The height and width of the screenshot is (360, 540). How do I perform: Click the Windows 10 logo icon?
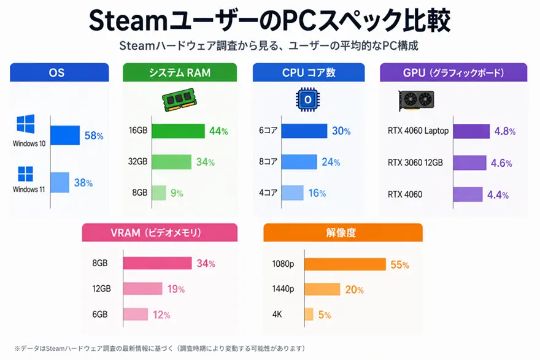coord(26,126)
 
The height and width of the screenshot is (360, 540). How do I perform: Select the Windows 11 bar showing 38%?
coord(60,182)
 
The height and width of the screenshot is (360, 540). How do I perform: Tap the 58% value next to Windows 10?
coord(94,136)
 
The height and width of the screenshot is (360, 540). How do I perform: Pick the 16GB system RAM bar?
coord(178,131)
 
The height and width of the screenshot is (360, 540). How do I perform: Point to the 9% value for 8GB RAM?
coord(177,193)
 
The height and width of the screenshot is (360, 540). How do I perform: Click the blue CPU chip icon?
coord(308,99)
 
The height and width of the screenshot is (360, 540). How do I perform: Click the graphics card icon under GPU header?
coord(417,99)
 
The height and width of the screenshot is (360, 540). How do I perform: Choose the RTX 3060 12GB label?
coord(415,163)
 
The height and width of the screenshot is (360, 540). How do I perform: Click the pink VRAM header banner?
coord(160,232)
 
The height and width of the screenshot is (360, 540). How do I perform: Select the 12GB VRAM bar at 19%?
coord(142,289)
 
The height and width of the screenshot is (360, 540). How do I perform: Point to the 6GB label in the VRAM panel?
coord(100,314)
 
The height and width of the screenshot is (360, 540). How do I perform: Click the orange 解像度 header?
coord(342,232)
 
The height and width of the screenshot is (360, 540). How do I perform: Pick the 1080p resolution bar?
coord(345,264)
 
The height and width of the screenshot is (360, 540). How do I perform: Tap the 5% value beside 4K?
coord(325,315)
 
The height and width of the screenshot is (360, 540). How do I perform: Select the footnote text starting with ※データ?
coord(160,348)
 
